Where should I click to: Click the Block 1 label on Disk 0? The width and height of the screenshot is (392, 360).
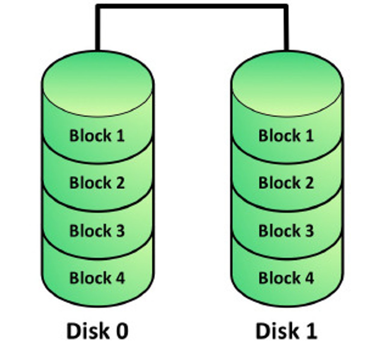[97, 136]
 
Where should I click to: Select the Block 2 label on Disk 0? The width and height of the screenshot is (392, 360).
[97, 183]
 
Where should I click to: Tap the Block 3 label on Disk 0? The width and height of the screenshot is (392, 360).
[97, 231]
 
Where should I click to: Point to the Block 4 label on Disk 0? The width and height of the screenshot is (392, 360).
[97, 278]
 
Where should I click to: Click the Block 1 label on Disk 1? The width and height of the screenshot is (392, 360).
[286, 136]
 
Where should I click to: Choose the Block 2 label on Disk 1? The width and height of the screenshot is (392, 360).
[286, 183]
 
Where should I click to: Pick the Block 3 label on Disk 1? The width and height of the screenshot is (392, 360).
[286, 231]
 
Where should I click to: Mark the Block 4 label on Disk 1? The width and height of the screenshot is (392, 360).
[286, 278]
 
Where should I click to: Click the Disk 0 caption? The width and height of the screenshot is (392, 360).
[97, 331]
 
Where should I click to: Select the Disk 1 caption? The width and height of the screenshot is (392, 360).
[286, 331]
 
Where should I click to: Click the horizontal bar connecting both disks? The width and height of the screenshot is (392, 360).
[192, 6]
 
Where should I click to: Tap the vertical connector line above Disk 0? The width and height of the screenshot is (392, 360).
[97, 28]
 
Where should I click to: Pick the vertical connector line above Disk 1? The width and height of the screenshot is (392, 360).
[286, 28]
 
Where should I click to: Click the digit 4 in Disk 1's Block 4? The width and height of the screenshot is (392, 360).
[308, 278]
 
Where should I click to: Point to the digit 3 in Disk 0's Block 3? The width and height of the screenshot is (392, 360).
[119, 231]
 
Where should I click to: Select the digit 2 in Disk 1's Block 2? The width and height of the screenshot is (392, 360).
[308, 183]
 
